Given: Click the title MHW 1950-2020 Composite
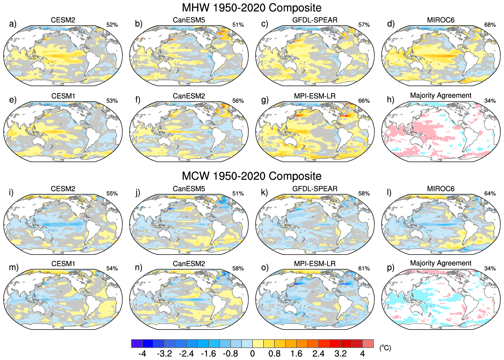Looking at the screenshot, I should point(251,8).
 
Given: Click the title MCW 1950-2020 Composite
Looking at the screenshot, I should point(251,176).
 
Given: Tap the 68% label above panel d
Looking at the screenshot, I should point(490,25).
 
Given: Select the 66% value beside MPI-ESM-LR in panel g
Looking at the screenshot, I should point(364,101).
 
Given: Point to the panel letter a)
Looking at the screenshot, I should point(13,24).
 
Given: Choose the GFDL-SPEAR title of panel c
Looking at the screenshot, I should point(315,20).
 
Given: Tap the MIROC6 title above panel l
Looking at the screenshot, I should point(441,189).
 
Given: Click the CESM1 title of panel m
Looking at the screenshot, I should point(63,264).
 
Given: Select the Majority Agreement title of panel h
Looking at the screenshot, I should point(441,96).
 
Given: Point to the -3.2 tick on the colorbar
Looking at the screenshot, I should point(164,354).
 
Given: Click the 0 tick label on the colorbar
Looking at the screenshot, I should point(252,354).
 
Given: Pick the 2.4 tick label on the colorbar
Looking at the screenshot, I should point(318,354).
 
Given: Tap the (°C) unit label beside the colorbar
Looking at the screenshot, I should point(385,348).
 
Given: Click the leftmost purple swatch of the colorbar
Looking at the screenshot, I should point(137,344).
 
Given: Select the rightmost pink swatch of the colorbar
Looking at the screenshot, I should point(368,344).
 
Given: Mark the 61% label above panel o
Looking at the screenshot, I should point(364,269).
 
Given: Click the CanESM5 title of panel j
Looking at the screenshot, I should point(189,189).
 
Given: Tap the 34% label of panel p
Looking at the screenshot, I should point(490,269).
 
